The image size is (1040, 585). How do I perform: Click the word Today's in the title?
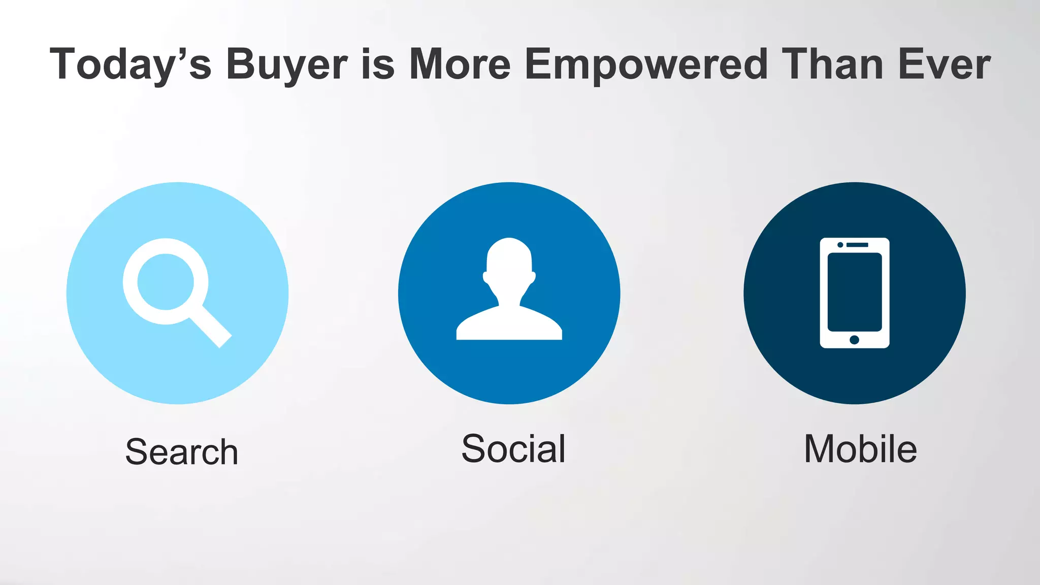(x=130, y=64)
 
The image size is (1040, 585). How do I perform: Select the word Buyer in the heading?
(x=287, y=64)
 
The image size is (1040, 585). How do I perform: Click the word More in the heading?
(x=460, y=64)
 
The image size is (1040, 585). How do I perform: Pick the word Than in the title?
(x=833, y=64)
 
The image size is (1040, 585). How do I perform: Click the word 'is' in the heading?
(x=378, y=64)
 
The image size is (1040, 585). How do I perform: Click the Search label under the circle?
(x=182, y=451)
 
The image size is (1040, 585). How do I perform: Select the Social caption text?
(x=513, y=449)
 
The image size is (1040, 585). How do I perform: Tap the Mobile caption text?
(x=860, y=449)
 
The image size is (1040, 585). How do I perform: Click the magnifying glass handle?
(x=211, y=327)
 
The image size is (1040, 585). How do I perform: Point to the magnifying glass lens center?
(x=166, y=281)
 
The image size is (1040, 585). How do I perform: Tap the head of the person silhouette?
(x=509, y=262)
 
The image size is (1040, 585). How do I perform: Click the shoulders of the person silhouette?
(x=509, y=325)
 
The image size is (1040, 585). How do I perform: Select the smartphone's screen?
(x=855, y=292)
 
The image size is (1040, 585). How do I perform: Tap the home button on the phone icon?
(x=854, y=340)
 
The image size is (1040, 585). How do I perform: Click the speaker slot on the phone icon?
(x=858, y=245)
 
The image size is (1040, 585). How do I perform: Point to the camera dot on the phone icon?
(x=840, y=245)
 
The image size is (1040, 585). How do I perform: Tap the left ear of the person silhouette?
(x=485, y=277)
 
